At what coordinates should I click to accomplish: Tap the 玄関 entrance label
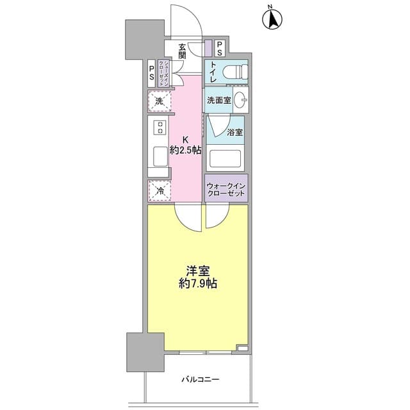click(182, 51)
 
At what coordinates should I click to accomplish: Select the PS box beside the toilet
click(219, 49)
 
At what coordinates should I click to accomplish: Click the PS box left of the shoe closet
click(151, 74)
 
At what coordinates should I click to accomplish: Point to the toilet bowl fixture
click(235, 72)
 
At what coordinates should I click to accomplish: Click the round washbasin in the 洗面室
click(240, 100)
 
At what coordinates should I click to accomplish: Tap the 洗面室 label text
click(219, 100)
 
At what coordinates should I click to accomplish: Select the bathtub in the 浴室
click(225, 158)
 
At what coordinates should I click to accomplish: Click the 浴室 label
click(234, 133)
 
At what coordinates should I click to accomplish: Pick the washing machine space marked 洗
click(160, 101)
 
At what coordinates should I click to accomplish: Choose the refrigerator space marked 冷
click(160, 191)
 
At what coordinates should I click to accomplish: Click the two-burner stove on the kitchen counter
click(160, 127)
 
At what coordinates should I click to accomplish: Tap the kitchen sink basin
click(160, 156)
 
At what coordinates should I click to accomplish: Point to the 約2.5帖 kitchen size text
click(185, 150)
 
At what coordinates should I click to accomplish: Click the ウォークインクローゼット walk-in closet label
click(226, 190)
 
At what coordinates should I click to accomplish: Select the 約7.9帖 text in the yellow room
click(198, 283)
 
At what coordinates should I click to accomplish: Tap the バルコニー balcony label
click(201, 379)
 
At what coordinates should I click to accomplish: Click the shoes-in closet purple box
click(164, 74)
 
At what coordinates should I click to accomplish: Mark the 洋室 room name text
click(198, 271)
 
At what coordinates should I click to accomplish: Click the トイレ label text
click(213, 72)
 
